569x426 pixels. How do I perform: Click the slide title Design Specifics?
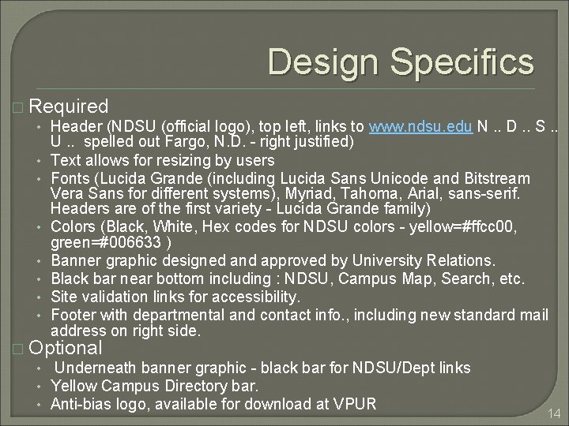click(401, 62)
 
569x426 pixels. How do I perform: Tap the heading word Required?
click(72, 106)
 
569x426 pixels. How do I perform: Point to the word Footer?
click(72, 316)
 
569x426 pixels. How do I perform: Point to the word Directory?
click(184, 387)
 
